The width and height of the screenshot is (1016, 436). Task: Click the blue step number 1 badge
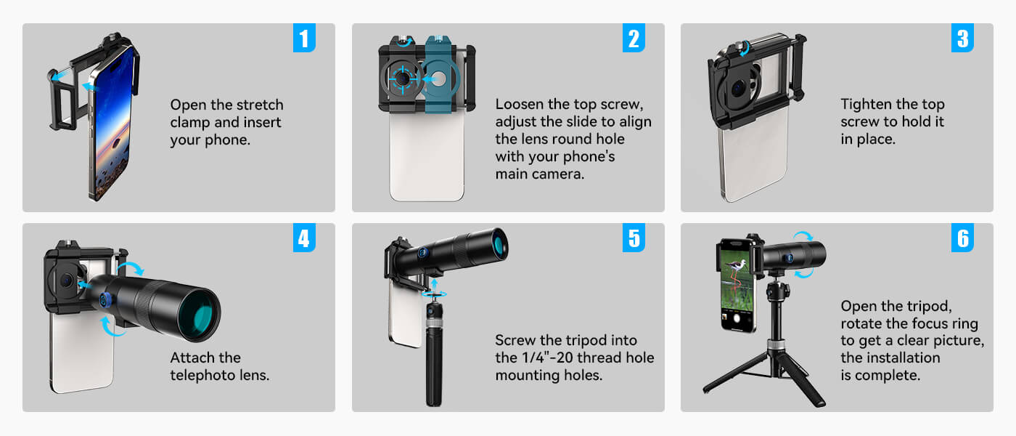304,38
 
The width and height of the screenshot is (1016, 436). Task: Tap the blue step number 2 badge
634,38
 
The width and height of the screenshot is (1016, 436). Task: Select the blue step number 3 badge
962,38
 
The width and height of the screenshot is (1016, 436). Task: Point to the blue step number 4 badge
304,238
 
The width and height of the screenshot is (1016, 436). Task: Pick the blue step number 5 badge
634,238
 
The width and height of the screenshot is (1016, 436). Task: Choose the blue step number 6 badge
962,238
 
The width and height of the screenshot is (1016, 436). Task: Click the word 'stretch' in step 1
260,105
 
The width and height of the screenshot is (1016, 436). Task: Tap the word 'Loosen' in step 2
519,105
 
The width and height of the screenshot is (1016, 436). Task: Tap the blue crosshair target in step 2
402,78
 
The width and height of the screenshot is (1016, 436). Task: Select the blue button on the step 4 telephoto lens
105,300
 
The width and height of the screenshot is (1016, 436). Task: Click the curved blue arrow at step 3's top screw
744,49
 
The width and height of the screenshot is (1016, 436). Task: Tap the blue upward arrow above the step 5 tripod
434,285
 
